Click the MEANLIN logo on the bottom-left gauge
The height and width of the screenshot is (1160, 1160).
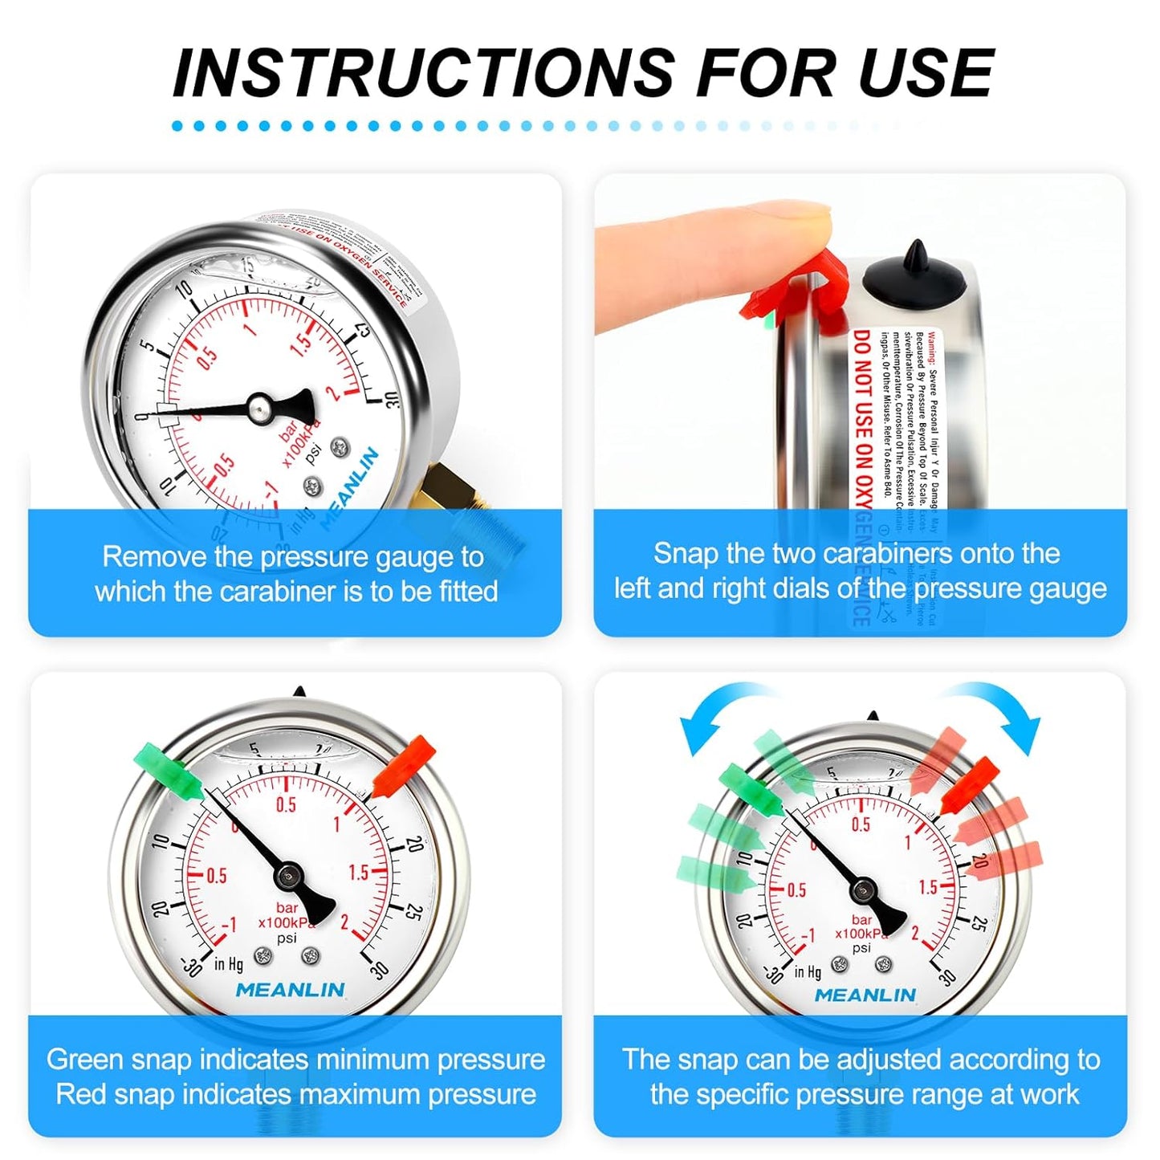coord(290,990)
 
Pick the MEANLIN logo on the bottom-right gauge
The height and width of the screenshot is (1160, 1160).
coord(865,995)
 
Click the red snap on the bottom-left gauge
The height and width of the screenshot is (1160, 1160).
coord(405,767)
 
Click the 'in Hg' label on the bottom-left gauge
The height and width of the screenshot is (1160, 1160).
coord(229,963)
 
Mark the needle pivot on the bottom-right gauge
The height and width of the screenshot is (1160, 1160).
coord(863,889)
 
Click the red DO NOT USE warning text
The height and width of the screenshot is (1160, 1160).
coord(862,417)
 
